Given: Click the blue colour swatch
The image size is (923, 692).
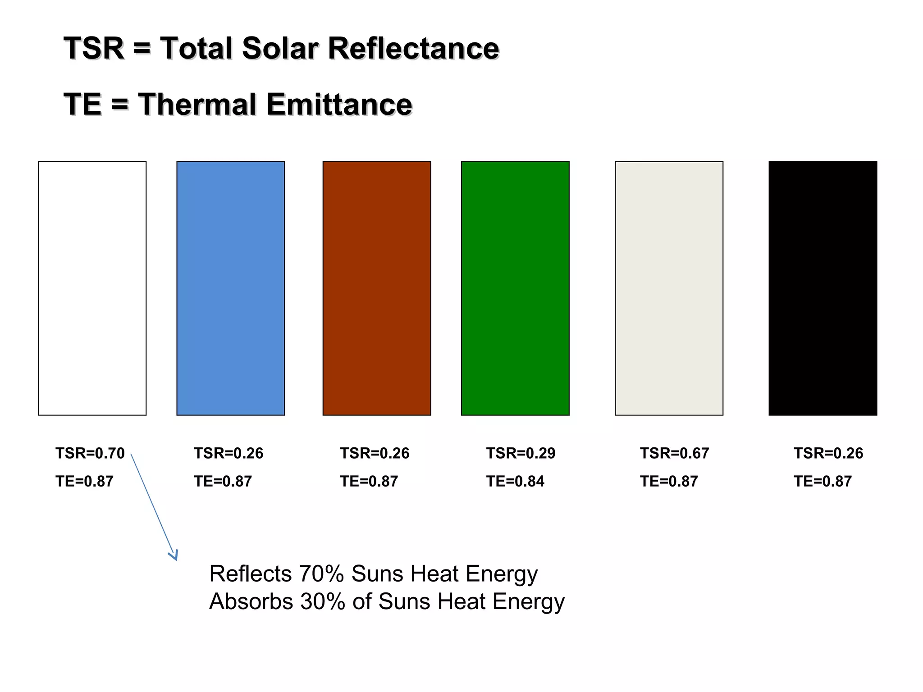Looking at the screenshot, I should pyautogui.click(x=230, y=288).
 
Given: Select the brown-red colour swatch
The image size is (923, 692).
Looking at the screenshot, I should pyautogui.click(x=376, y=288).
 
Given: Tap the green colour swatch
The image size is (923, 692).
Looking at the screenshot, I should pyautogui.click(x=515, y=288).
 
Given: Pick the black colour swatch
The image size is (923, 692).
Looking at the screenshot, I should pyautogui.click(x=822, y=288).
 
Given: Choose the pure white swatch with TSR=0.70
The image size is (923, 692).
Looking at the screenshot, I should pyautogui.click(x=92, y=288).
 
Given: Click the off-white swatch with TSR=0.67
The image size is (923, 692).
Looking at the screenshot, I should pyautogui.click(x=669, y=288).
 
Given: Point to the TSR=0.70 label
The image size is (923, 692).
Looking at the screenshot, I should pyautogui.click(x=90, y=453).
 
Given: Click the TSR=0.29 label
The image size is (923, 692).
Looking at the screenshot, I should pyautogui.click(x=521, y=453).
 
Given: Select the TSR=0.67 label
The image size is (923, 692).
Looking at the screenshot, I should pyautogui.click(x=674, y=453).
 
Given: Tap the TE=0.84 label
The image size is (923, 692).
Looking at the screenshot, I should pyautogui.click(x=515, y=482).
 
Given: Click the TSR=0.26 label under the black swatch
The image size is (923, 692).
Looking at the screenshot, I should pyautogui.click(x=828, y=453).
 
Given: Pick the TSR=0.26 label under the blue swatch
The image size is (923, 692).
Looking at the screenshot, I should pyautogui.click(x=228, y=453).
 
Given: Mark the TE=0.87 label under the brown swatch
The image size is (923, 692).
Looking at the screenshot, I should pyautogui.click(x=369, y=482).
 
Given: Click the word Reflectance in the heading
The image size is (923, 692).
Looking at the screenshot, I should pyautogui.click(x=413, y=48).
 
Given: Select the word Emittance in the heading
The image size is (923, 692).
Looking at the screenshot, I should pyautogui.click(x=339, y=105).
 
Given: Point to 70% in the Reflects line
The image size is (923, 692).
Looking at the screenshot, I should pyautogui.click(x=321, y=574).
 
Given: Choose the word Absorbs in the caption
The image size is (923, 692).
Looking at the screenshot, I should pyautogui.click(x=251, y=602).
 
